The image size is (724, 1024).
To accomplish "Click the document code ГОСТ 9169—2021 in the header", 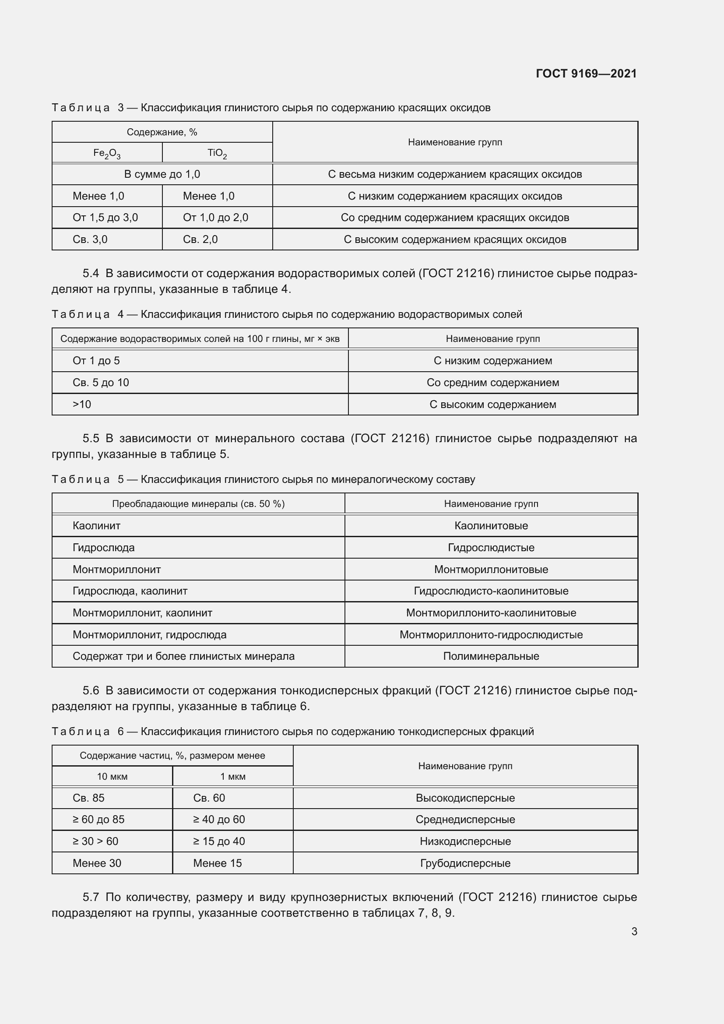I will [586, 74].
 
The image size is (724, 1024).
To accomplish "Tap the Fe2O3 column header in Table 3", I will [107, 153].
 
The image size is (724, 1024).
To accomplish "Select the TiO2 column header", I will [217, 153].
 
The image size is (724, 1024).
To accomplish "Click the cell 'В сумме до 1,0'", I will [162, 174].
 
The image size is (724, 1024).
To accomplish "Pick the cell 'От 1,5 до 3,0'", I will [105, 218].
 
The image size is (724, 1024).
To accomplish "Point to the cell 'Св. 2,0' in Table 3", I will [200, 239].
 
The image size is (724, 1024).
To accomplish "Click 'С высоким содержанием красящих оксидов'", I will [455, 239].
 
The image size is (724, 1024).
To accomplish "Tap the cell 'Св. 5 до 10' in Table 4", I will [101, 383].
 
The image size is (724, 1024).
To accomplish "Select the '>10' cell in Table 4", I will [82, 405].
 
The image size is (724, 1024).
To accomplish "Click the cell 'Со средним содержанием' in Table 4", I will [492, 383].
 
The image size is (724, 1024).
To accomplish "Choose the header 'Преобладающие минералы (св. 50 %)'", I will [198, 504].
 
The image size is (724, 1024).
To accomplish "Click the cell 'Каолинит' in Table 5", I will [97, 526].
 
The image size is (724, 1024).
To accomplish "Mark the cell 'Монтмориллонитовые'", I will [491, 570].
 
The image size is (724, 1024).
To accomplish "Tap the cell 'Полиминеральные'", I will [491, 657].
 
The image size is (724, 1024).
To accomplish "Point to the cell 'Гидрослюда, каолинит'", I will [130, 591].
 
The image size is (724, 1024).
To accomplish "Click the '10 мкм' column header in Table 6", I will [112, 777].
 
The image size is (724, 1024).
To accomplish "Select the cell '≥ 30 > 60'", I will [95, 841].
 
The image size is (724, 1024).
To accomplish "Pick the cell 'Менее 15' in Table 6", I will [218, 863].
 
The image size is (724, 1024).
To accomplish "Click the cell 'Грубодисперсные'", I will [465, 863].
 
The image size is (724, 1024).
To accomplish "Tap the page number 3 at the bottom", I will [634, 932].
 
